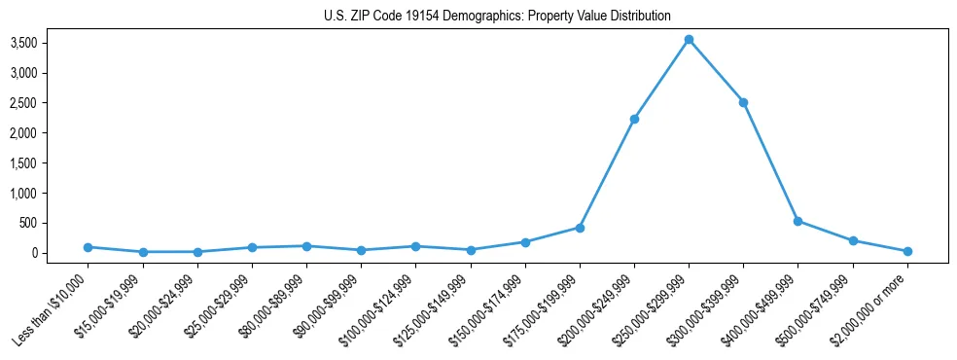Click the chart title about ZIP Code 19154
tap(497, 17)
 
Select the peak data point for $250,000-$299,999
tap(689, 40)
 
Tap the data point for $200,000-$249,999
tap(634, 119)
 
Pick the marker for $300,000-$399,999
tap(743, 102)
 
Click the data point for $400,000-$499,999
tap(798, 221)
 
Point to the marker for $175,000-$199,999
tap(580, 228)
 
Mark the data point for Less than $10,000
tap(88, 247)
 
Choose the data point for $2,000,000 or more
tap(907, 251)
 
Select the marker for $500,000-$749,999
tap(853, 240)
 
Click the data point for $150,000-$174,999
tap(525, 242)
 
